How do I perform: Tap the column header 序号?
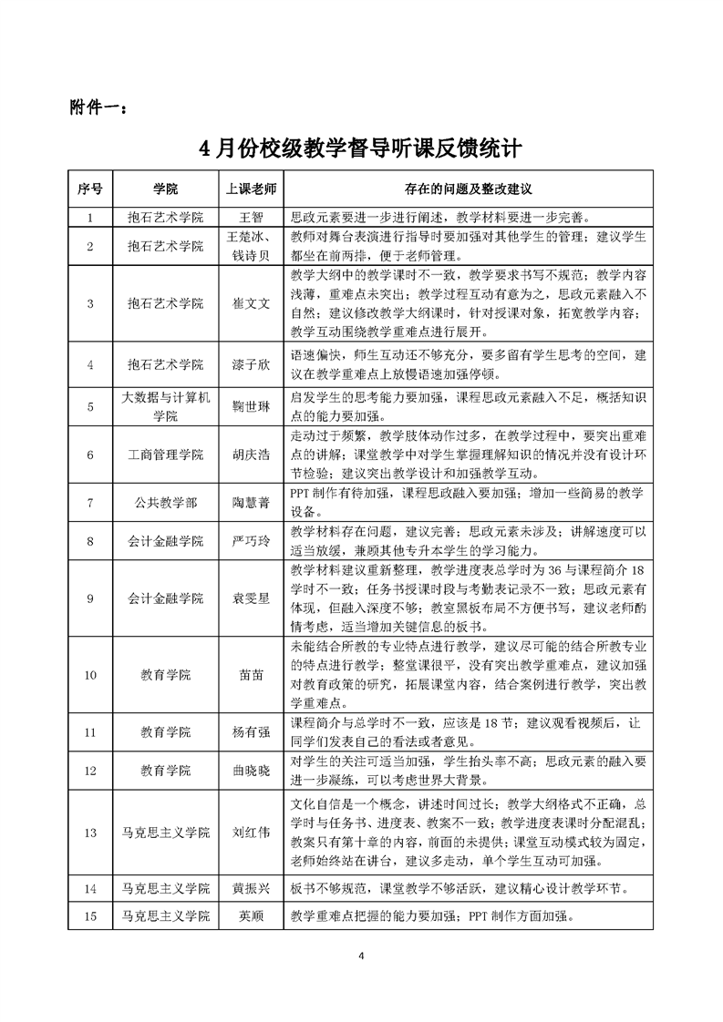pyautogui.click(x=89, y=189)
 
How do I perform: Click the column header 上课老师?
pyautogui.click(x=250, y=189)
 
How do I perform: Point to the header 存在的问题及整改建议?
pyautogui.click(x=468, y=189)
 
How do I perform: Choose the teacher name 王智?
pyautogui.click(x=250, y=218)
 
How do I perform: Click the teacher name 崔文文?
pyautogui.click(x=250, y=303)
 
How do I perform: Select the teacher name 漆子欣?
pyautogui.click(x=250, y=364)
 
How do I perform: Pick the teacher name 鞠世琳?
pyautogui.click(x=250, y=407)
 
